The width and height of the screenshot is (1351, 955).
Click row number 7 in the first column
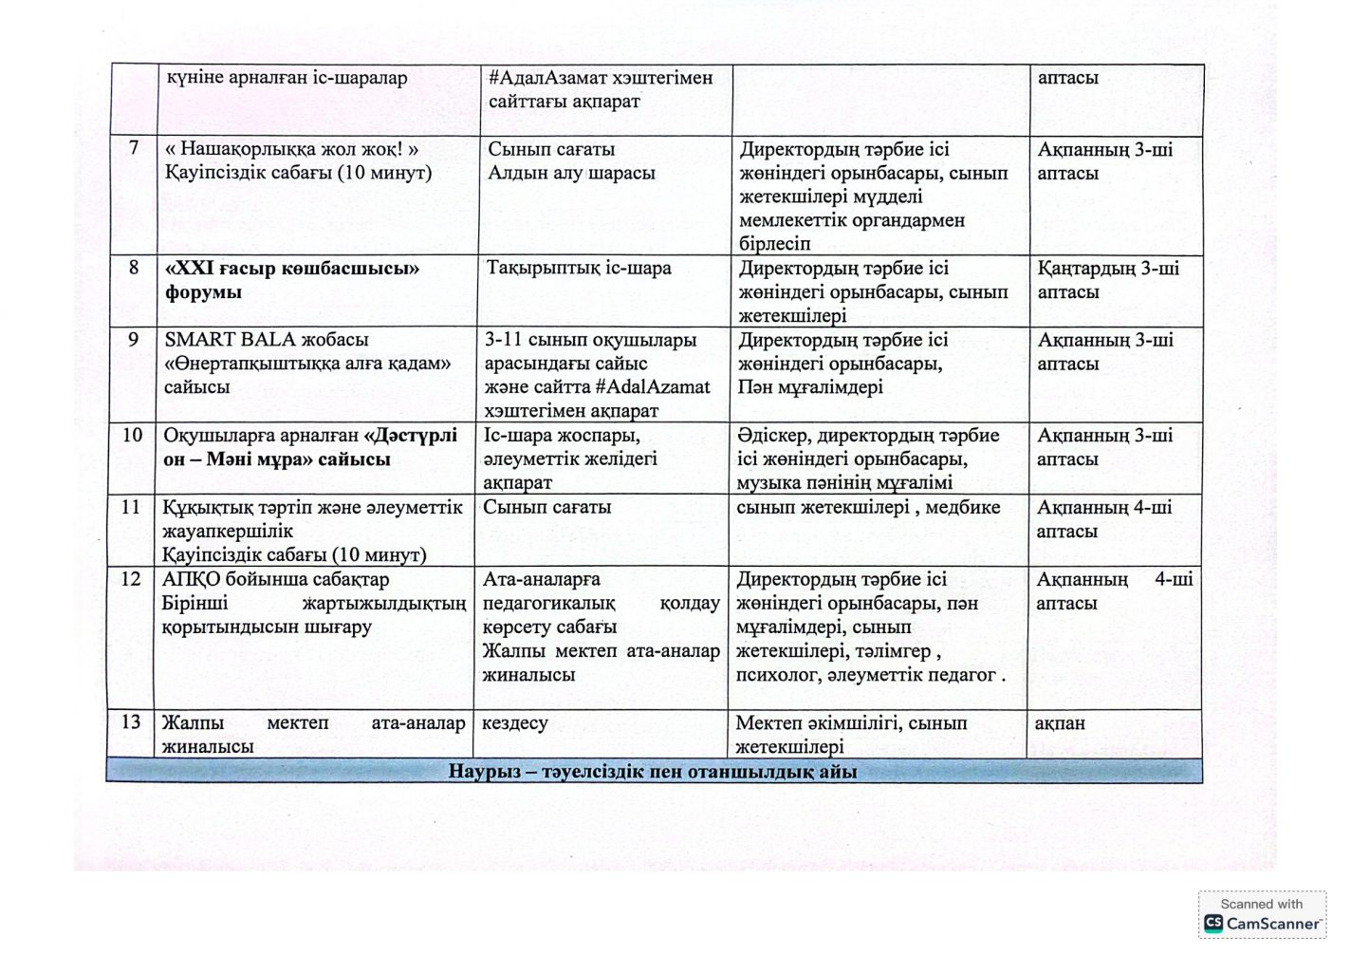tap(134, 148)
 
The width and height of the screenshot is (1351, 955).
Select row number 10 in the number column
tap(132, 435)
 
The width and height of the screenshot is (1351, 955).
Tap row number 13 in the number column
tap(131, 722)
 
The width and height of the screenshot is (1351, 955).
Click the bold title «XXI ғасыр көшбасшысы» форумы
tap(292, 280)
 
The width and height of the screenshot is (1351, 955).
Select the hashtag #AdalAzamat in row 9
tap(653, 387)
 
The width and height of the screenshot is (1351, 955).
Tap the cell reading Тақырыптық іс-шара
tap(579, 269)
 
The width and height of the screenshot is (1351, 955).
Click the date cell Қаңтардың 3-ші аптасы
tap(1107, 280)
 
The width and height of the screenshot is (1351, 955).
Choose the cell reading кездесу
tap(515, 723)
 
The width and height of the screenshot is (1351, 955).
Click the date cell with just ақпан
tap(1060, 723)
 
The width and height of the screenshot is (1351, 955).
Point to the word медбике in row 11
tap(962, 508)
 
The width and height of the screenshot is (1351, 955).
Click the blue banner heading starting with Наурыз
tap(653, 772)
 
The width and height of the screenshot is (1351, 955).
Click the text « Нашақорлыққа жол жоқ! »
tap(292, 149)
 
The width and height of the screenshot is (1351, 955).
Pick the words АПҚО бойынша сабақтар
tap(275, 579)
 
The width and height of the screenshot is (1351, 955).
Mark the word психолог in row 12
tap(777, 676)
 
